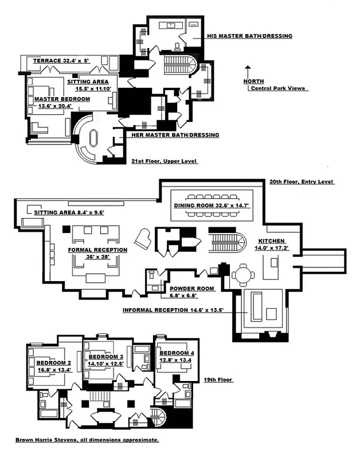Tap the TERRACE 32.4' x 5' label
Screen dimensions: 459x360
(53, 60)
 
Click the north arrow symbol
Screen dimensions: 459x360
(246, 73)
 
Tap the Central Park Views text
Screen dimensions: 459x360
(277, 89)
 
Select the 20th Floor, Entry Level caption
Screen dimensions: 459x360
(301, 182)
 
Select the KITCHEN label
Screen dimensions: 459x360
(271, 241)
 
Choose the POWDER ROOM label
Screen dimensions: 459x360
(191, 288)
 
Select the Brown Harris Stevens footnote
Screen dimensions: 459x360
(87, 440)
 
